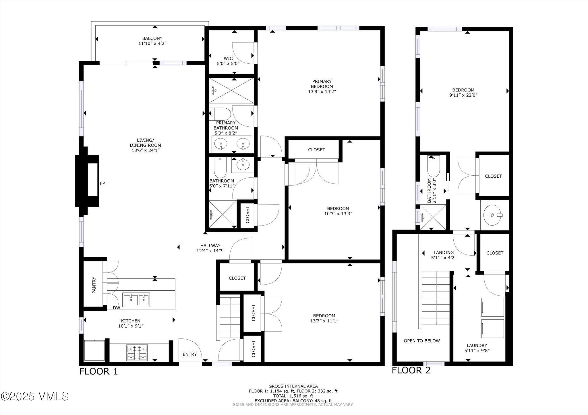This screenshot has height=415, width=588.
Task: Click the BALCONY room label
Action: (x=152, y=38)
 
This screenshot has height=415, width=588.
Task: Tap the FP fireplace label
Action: (x=102, y=183)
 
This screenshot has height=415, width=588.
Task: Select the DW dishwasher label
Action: (x=116, y=308)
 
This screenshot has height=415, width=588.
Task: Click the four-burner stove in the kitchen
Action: (x=137, y=353)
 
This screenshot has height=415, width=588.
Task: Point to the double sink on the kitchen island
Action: (x=136, y=300)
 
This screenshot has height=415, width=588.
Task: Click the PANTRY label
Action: (x=94, y=285)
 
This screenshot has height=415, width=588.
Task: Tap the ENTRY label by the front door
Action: (x=190, y=354)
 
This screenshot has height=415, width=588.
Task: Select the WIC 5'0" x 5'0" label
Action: (x=228, y=61)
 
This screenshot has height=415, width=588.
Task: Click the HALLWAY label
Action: (x=210, y=246)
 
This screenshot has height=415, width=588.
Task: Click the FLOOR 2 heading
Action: (x=411, y=370)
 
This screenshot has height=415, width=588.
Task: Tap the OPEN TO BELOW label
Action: (x=421, y=341)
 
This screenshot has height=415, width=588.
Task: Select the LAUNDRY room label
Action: (x=477, y=345)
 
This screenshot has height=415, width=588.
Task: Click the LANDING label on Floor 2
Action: (x=444, y=252)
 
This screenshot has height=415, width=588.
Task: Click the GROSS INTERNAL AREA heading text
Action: (x=293, y=386)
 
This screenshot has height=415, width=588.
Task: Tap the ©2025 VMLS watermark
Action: (x=34, y=397)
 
